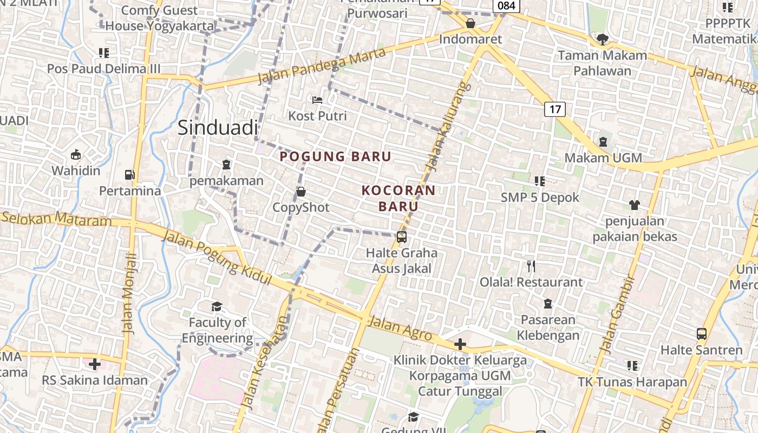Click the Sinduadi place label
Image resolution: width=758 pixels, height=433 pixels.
218,128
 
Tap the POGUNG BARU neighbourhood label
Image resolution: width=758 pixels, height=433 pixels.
335,157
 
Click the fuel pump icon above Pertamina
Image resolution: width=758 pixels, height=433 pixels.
130,174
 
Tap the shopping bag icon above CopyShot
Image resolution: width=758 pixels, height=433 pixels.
301,192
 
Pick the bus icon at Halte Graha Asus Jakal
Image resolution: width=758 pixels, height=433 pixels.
402,237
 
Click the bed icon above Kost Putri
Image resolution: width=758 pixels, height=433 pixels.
317,100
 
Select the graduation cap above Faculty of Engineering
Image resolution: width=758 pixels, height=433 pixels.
217,307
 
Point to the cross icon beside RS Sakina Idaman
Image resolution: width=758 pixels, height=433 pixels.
95,364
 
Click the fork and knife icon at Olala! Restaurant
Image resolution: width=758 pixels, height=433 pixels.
531,266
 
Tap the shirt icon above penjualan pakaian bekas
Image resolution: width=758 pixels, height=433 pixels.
635,205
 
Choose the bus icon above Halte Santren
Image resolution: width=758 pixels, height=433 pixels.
702,334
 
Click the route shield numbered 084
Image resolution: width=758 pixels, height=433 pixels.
506,5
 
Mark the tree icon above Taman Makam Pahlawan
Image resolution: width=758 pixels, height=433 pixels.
602,39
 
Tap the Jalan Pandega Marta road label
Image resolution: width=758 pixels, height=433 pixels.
322,66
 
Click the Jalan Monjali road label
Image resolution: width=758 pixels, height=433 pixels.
129,292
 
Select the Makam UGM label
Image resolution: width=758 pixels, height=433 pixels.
603,158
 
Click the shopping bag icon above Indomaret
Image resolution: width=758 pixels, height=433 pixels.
471,23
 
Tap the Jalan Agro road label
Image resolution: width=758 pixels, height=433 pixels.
400,328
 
